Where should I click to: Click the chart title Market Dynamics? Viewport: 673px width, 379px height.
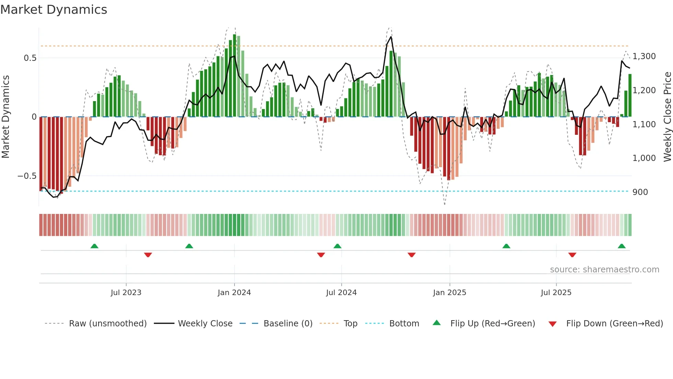(x=54, y=10)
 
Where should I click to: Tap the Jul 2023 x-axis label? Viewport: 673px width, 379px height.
(x=126, y=293)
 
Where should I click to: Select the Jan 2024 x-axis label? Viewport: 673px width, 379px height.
(x=234, y=293)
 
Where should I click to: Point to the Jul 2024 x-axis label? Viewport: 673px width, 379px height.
(x=341, y=293)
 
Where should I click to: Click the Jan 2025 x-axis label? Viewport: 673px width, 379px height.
(x=449, y=293)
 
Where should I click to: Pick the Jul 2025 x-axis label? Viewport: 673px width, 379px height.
(x=556, y=293)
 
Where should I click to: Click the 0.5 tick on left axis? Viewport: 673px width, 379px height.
(x=30, y=58)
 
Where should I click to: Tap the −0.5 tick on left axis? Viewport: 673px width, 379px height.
(x=27, y=176)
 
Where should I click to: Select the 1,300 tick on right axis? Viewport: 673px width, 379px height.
(x=644, y=56)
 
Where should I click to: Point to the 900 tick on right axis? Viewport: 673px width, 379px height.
(x=640, y=192)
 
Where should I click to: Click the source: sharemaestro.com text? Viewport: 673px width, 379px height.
(x=604, y=270)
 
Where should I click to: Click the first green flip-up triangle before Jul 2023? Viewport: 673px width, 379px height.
(x=94, y=246)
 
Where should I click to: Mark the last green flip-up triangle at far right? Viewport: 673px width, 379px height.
(x=621, y=246)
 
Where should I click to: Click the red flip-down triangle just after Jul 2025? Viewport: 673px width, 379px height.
(x=572, y=255)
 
